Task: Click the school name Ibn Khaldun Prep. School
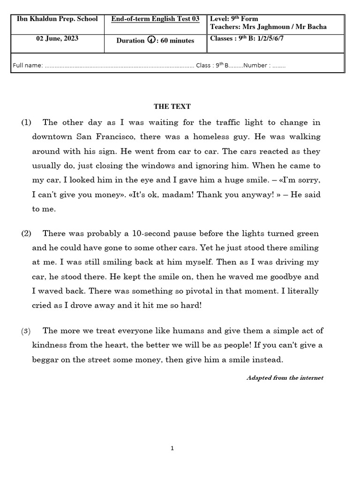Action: tap(57, 19)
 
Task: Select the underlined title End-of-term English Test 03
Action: tap(155, 19)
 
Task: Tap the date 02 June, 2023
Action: tap(57, 39)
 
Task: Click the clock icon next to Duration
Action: tap(151, 40)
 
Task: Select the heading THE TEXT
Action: tap(172, 107)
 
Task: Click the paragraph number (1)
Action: tap(26, 123)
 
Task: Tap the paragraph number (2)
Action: tap(26, 233)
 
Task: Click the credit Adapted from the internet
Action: tap(285, 378)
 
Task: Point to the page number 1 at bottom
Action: tap(172, 449)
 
